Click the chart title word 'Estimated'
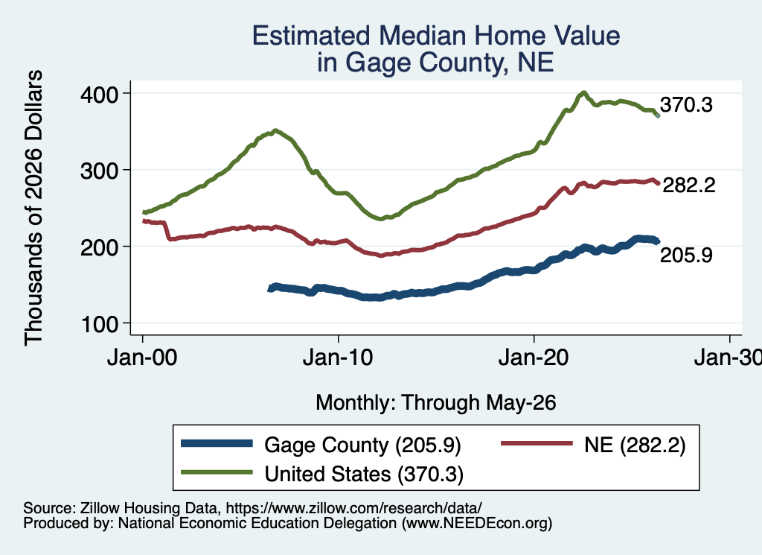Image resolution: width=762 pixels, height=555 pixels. pos(311,36)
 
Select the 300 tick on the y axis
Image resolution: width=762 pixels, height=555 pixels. pos(99,171)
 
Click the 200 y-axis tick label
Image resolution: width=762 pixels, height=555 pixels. pos(99,247)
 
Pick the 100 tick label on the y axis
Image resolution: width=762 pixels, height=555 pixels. pos(99,323)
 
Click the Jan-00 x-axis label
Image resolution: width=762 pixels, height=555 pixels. pos(142,358)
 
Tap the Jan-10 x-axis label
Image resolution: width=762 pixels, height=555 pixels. pos(338,358)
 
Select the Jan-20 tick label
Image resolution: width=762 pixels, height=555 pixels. pos(534,358)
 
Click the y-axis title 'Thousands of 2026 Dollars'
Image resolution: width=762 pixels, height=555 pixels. pos(33,208)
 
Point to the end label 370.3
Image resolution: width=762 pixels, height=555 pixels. pos(686,104)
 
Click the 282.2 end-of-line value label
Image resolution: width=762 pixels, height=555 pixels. pos(689,185)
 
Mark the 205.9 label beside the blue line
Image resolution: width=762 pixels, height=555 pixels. pos(686,255)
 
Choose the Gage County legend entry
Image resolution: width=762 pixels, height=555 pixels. pos(321,445)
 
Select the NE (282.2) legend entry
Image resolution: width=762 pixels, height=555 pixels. pos(593,445)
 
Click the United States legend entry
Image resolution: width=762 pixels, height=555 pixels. pos(322,474)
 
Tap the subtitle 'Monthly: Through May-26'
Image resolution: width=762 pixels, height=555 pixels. pos(436,403)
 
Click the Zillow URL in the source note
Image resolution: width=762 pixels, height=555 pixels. pos(353,508)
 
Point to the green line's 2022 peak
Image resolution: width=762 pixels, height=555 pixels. pos(583,92)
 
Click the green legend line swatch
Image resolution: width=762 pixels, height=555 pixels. pos(217,472)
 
